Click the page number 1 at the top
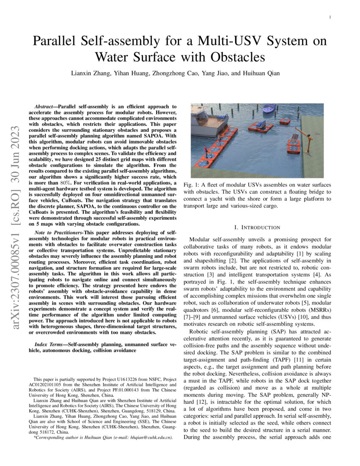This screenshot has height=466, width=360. tap(330, 17)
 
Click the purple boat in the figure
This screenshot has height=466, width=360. tap(269, 110)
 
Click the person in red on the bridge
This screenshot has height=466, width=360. tap(206, 151)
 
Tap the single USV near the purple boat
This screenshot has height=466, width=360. tap(285, 121)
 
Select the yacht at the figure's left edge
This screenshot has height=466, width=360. tap(203, 115)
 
